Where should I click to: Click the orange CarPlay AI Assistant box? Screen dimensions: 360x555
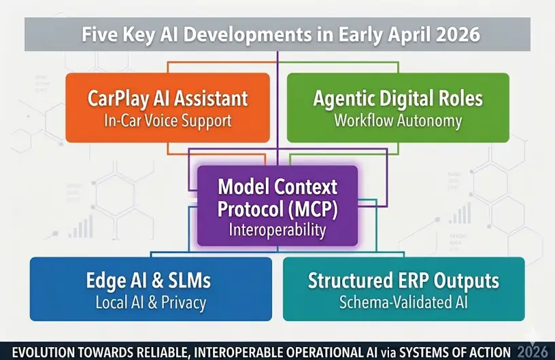pos(167,107)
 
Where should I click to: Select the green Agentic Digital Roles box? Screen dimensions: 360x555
pos(398,107)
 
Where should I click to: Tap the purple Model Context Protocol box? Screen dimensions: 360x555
pos(277,205)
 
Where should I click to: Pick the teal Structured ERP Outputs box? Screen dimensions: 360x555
pos(403,289)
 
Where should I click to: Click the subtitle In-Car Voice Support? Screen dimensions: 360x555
pos(168,121)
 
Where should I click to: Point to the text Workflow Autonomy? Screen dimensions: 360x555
pos(398,121)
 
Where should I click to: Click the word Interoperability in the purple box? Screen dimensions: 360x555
pos(277,230)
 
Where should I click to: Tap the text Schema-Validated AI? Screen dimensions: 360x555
pos(403,303)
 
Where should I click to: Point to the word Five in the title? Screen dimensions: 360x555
pos(101,35)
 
